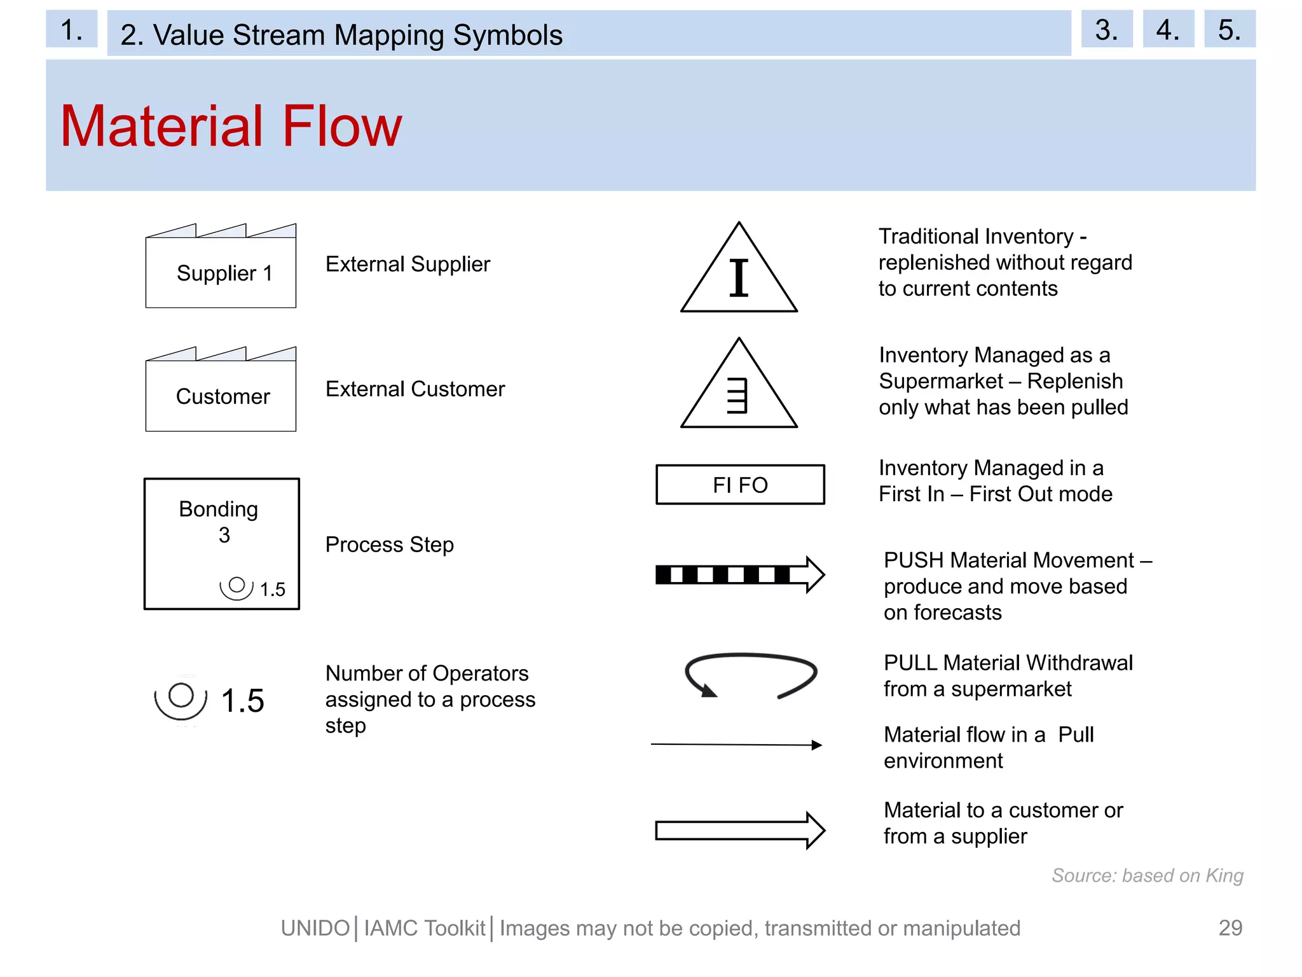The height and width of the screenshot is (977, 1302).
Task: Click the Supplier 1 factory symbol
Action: coord(221,267)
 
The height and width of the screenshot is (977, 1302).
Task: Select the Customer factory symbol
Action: coord(221,391)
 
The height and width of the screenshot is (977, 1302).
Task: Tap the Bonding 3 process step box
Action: coord(221,543)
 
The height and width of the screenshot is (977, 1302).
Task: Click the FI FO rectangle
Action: coord(740,485)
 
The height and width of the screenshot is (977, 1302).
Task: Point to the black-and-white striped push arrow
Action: coord(739,574)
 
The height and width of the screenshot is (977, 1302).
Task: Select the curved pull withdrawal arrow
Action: coord(751,674)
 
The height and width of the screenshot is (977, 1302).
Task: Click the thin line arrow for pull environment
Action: coord(736,744)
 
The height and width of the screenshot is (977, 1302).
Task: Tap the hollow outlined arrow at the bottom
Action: coord(739,830)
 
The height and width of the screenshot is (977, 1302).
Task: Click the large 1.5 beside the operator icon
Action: coord(242,701)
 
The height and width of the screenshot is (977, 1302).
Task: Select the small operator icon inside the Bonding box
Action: coord(236,586)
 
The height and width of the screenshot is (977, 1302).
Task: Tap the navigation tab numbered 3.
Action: coord(1106,29)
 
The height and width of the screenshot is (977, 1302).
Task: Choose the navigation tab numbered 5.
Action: coord(1229,29)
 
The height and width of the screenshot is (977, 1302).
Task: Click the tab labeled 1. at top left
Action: coord(71,29)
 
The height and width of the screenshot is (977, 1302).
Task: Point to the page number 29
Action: coord(1230,928)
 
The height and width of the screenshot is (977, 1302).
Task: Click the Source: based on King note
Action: coord(1147,876)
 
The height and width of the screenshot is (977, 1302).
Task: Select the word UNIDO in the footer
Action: coord(315,929)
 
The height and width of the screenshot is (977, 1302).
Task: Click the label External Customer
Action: coord(415,389)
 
